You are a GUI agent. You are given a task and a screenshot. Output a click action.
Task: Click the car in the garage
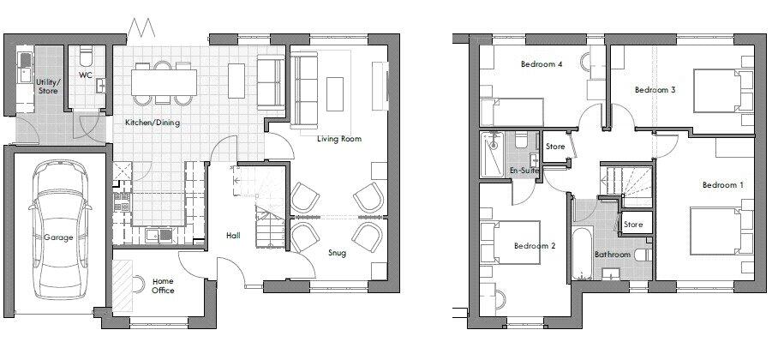(x=60, y=229)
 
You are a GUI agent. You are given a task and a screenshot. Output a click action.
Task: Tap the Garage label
(x=58, y=237)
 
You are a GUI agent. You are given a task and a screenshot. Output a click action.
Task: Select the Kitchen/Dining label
(x=153, y=123)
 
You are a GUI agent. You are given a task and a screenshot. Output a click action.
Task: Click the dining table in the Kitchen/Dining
(x=164, y=82)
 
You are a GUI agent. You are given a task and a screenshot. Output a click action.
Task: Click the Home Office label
(x=163, y=286)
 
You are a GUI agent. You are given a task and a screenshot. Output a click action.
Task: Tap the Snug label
(x=338, y=253)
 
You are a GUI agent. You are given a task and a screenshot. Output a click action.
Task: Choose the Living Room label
(x=339, y=139)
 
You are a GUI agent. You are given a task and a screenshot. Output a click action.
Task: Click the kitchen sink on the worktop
(x=159, y=235)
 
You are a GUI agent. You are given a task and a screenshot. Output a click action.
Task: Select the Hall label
(x=233, y=236)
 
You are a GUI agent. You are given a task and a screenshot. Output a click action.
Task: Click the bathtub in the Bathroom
(x=583, y=254)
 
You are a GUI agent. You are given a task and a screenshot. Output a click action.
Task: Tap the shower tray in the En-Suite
(x=492, y=154)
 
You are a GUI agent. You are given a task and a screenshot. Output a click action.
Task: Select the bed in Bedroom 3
(x=723, y=91)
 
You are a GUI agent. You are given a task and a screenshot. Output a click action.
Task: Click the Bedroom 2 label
(x=535, y=246)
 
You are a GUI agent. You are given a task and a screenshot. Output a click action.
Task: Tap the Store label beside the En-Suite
(x=555, y=147)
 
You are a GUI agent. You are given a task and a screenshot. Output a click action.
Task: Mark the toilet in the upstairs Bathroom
(x=643, y=255)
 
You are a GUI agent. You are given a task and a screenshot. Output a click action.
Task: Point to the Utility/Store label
(x=47, y=87)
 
